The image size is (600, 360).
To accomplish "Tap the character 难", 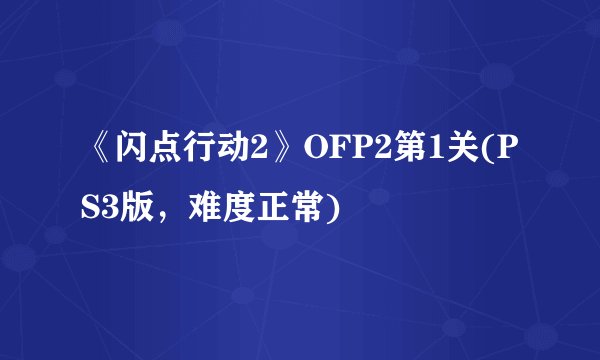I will click(206, 211).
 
